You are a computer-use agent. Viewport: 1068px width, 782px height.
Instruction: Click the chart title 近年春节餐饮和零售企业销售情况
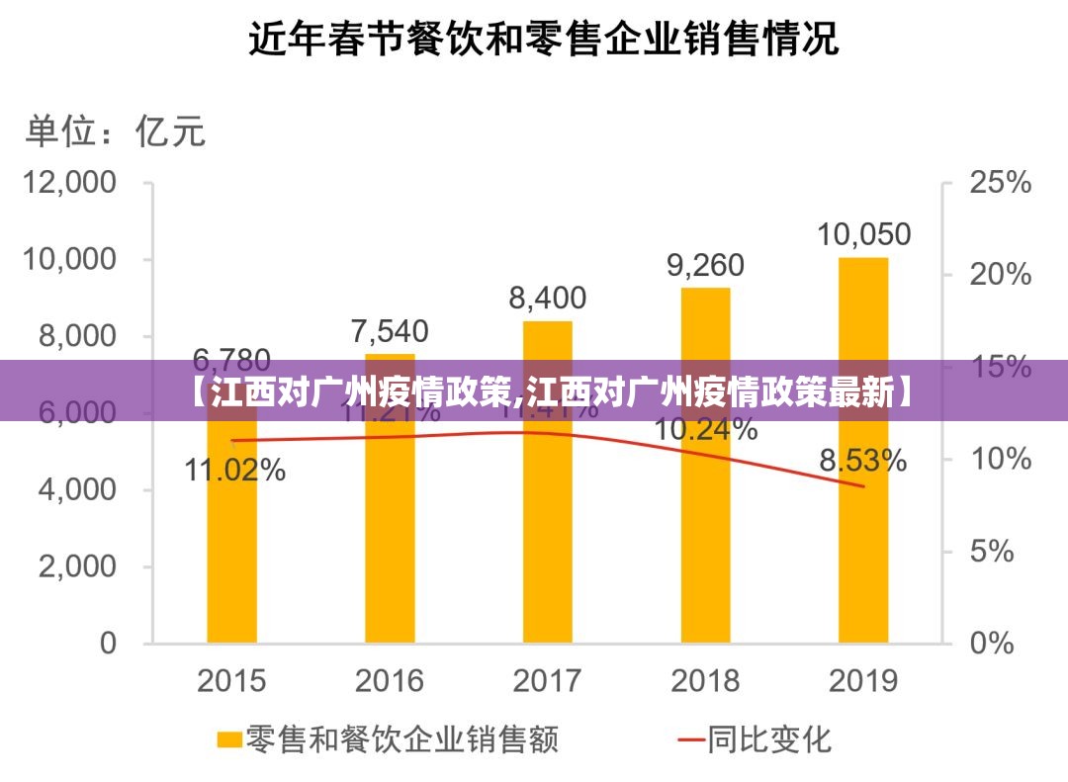(x=542, y=42)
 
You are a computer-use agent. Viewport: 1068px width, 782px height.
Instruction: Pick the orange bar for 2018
(x=705, y=534)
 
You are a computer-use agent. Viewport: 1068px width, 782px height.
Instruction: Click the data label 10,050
(x=863, y=234)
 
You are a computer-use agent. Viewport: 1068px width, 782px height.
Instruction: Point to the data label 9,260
(x=705, y=265)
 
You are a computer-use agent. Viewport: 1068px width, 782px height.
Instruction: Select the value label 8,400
(x=548, y=298)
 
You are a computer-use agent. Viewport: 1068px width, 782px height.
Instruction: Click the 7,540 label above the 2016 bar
(x=390, y=330)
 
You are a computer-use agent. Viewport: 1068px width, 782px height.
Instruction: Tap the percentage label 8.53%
(x=862, y=461)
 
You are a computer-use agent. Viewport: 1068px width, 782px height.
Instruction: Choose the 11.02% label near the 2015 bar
(x=235, y=471)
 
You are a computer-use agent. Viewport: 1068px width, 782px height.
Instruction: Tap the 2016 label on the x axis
(x=390, y=681)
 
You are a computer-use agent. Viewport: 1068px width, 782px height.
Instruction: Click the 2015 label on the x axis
(x=231, y=681)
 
